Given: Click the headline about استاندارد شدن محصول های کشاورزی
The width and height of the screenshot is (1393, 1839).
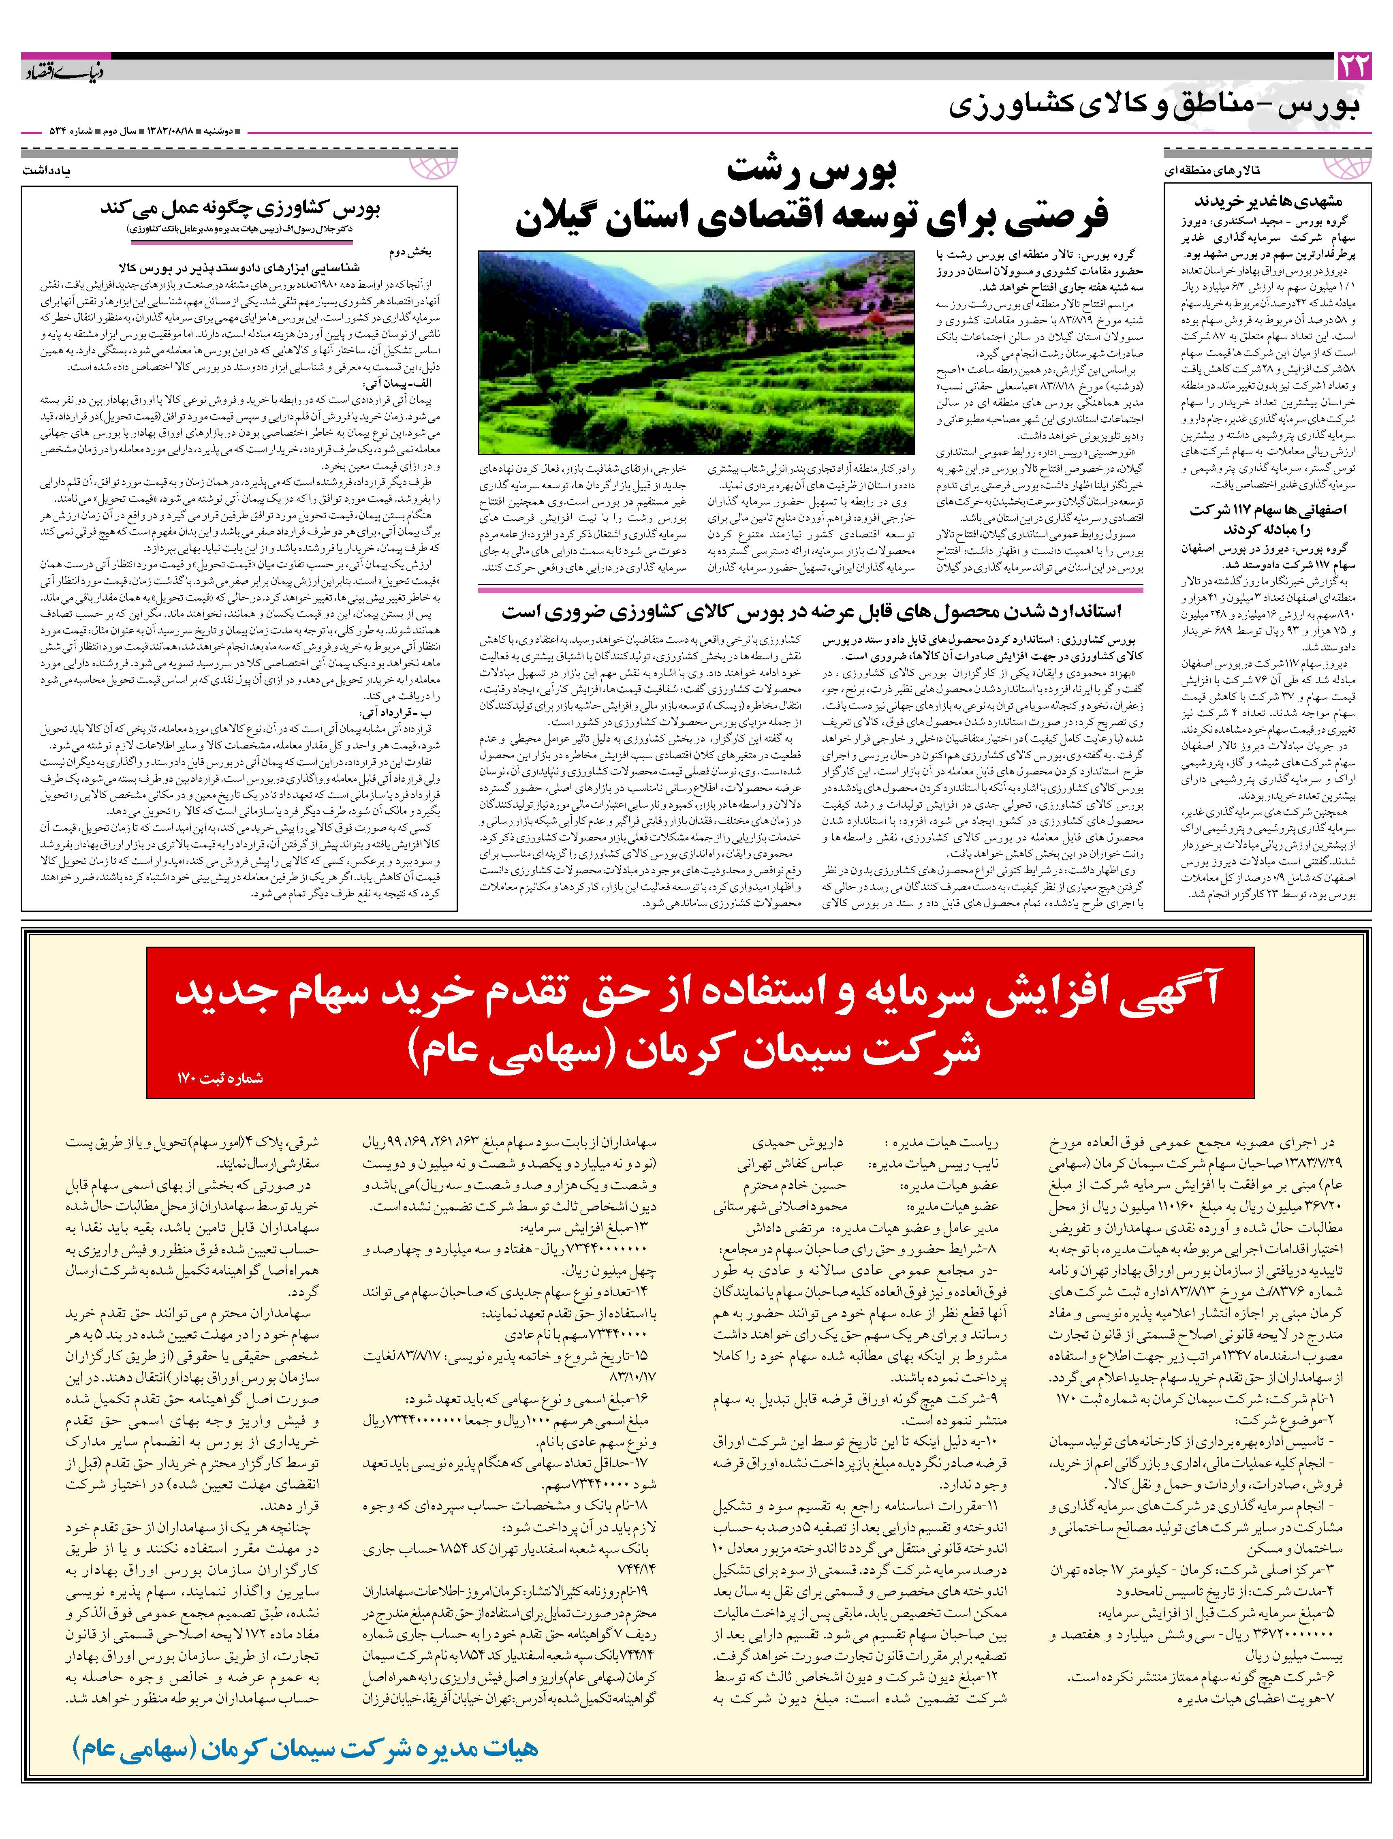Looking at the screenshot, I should point(810,612).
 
